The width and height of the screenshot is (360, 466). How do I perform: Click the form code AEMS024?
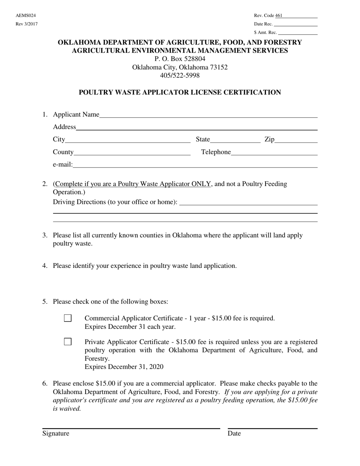(x=26, y=16)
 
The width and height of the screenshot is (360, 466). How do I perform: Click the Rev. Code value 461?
(x=279, y=16)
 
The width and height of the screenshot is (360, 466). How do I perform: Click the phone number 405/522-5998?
(x=180, y=75)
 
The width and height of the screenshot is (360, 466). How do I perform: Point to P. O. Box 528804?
(x=180, y=59)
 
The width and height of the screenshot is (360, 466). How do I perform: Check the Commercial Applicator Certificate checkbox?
(x=68, y=318)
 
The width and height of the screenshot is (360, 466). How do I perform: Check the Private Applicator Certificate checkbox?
(x=68, y=342)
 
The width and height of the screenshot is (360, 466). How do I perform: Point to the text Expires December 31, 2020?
(x=124, y=367)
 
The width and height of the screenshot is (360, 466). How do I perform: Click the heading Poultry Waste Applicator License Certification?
(x=180, y=92)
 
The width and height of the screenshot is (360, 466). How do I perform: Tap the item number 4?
(x=45, y=266)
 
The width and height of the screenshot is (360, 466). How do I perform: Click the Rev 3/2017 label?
(x=27, y=24)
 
